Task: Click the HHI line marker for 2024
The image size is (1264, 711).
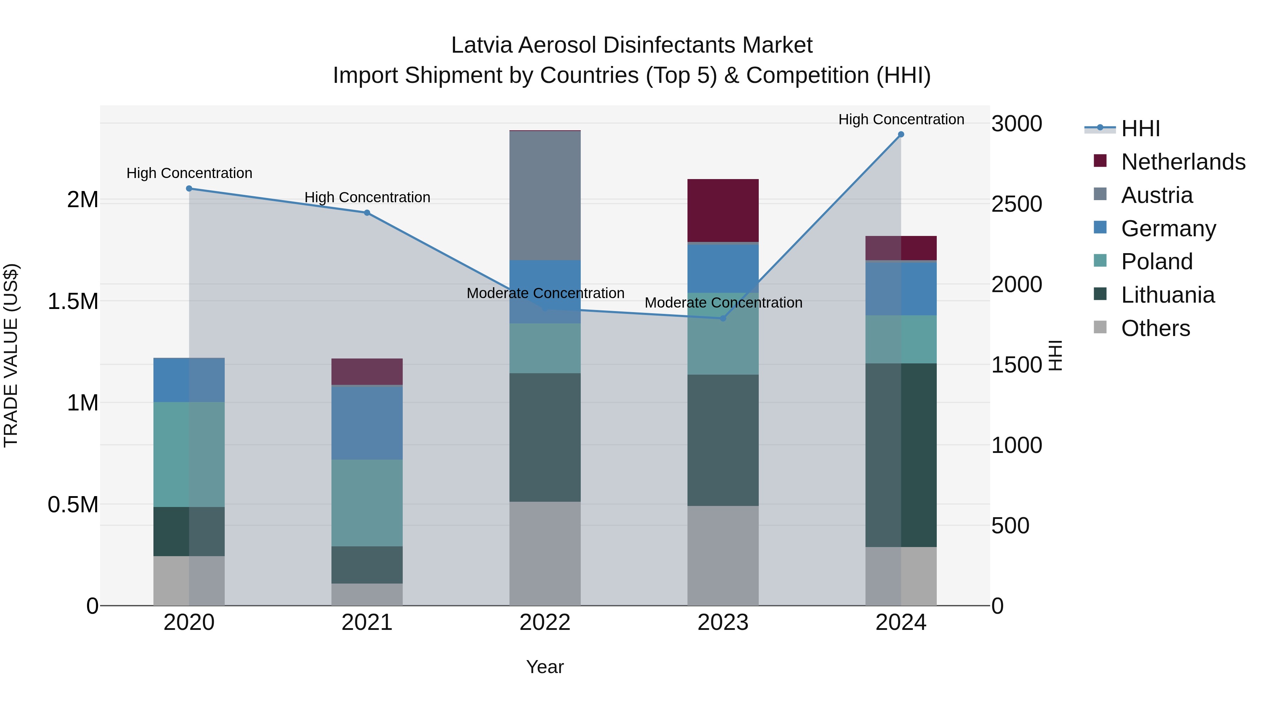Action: pos(901,134)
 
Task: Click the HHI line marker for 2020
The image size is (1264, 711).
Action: pos(189,189)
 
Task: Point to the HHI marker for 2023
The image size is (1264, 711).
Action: pos(723,318)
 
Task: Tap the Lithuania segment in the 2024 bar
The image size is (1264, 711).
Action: pos(901,455)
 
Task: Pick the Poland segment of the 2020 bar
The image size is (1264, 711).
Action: pos(189,454)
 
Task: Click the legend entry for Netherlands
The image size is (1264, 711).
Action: pos(1183,162)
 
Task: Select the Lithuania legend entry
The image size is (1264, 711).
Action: pos(1168,295)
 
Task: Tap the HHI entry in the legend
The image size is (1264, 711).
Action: pos(1140,129)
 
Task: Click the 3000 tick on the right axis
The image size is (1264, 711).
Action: pos(1017,124)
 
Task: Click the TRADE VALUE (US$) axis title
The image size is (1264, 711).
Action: pos(11,355)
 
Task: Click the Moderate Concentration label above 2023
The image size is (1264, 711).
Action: pos(723,303)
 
